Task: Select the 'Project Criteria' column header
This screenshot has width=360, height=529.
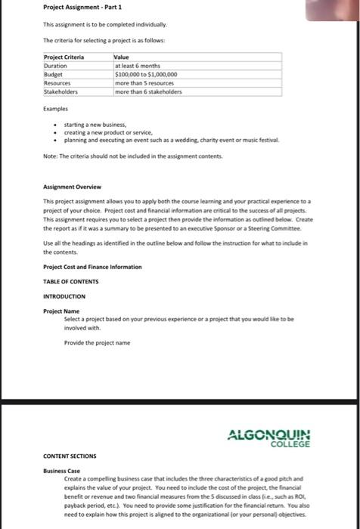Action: click(x=64, y=57)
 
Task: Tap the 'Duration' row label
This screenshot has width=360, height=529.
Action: click(x=57, y=66)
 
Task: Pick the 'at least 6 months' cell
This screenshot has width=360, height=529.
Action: click(x=138, y=66)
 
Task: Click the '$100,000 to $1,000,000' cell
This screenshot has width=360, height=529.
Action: click(x=146, y=75)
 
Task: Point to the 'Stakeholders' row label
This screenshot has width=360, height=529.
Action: click(x=61, y=91)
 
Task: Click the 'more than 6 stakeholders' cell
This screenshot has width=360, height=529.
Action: click(x=148, y=91)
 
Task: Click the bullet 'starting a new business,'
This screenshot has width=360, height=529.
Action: click(x=95, y=124)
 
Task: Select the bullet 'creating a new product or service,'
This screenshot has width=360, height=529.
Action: click(x=108, y=132)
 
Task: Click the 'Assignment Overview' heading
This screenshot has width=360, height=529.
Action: click(x=72, y=186)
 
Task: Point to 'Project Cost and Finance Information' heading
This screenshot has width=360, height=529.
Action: click(x=92, y=267)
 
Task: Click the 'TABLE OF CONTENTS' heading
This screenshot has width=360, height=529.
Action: click(x=71, y=281)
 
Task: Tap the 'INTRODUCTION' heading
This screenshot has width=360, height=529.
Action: click(x=64, y=296)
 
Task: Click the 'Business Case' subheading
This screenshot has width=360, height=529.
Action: click(x=62, y=471)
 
